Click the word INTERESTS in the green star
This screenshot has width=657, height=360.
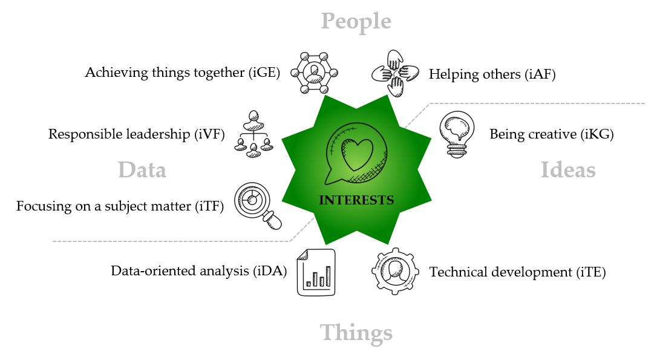[356, 200]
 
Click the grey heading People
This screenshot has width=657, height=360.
[356, 21]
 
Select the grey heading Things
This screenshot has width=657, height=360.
[356, 333]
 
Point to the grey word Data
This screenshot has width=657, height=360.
[142, 170]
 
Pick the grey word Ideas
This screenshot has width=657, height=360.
[568, 170]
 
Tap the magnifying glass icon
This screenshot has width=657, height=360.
[257, 205]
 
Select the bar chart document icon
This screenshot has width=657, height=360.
[316, 272]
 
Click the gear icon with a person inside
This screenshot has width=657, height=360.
[394, 271]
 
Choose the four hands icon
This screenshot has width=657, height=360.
[395, 74]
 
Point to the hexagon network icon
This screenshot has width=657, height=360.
[314, 73]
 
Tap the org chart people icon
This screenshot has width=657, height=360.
[254, 134]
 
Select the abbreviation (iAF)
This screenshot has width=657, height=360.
[542, 74]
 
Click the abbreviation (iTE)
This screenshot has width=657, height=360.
[591, 272]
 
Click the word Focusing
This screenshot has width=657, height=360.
[44, 206]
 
